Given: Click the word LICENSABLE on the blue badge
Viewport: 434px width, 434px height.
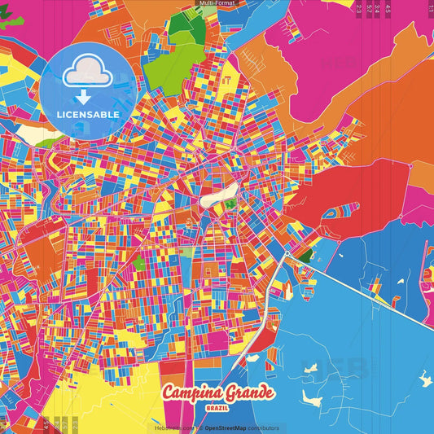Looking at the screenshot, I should (89, 113).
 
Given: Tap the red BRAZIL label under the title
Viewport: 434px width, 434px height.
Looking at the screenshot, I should (217, 407).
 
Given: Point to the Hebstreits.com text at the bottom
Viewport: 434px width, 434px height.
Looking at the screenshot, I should (173, 427).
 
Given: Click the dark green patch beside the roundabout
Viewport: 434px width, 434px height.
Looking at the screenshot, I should (305, 255).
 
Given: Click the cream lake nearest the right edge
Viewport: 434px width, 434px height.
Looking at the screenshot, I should (424, 379).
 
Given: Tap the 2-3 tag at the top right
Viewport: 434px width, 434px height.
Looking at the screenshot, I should (359, 7).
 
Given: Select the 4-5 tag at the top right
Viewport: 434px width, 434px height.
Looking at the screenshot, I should (388, 7).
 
